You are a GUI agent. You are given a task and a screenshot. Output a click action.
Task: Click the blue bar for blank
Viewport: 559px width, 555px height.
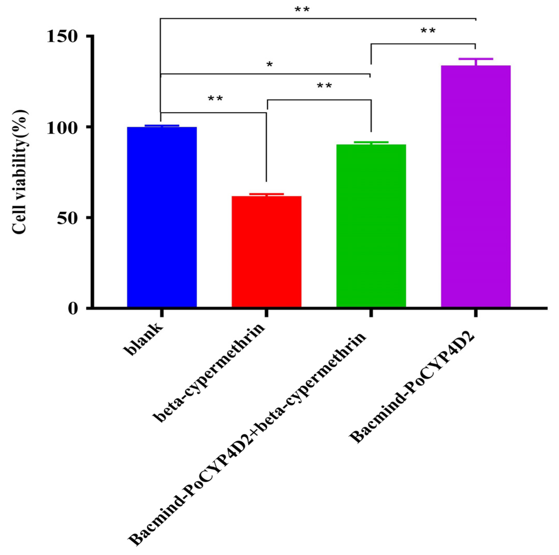coord(162,217)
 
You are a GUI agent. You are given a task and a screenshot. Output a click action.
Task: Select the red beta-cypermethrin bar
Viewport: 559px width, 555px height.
coord(266,252)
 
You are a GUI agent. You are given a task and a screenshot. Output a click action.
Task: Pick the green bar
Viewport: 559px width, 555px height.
coord(371,226)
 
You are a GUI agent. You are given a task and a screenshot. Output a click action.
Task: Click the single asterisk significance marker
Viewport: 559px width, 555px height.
coord(269,65)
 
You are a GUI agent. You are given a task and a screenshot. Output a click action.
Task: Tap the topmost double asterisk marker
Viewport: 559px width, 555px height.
coord(302,10)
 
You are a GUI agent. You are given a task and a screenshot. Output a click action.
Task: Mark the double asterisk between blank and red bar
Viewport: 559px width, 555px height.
coord(215,99)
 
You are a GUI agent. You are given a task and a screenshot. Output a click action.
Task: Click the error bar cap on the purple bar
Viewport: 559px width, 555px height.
coord(476,59)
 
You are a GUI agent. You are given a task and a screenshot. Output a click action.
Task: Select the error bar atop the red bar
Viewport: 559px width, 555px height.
coord(266,194)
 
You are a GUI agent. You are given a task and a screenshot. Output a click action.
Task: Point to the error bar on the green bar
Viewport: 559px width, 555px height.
coord(371,142)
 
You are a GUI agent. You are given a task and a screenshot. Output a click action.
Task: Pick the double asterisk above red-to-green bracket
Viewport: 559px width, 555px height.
coord(324,86)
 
